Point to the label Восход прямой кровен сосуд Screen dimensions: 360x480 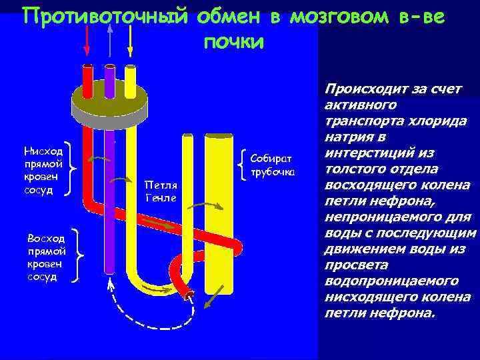pyautogui.click(x=46, y=257)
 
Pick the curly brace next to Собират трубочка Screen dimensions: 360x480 pyautogui.click(x=241, y=163)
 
